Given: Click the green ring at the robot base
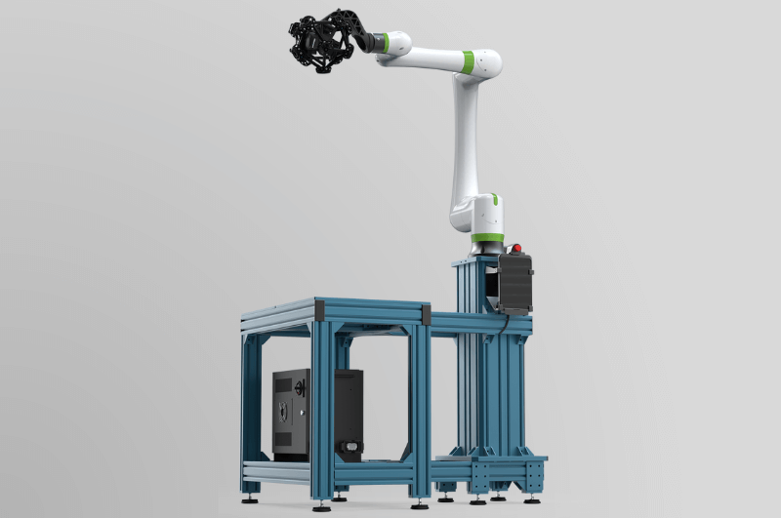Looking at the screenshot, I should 487,237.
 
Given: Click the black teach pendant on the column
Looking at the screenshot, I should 514,284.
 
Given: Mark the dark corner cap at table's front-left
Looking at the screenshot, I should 319,312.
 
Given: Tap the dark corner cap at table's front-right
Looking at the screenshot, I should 426,314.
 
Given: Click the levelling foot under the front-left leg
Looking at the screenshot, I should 321,504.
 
